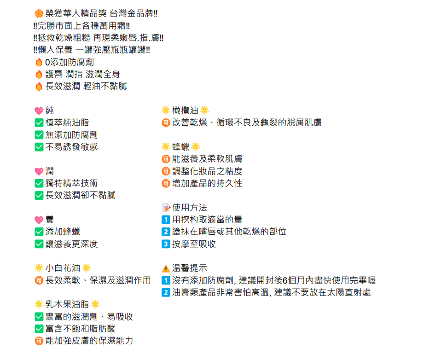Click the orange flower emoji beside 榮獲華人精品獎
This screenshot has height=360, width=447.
click(x=39, y=13)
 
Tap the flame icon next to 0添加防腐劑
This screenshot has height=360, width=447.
click(x=39, y=62)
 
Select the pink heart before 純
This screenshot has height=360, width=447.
click(x=39, y=110)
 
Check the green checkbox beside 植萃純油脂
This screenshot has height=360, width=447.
click(x=39, y=122)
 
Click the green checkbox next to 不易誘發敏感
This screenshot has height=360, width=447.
click(x=39, y=147)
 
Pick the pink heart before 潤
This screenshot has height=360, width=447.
click(x=39, y=171)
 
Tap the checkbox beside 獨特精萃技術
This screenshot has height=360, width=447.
click(x=39, y=183)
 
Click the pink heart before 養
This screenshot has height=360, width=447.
click(x=39, y=220)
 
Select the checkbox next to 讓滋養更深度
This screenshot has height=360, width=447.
click(x=39, y=244)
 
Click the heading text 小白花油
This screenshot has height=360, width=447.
click(x=63, y=268)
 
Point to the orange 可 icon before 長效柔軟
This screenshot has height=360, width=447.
click(x=39, y=280)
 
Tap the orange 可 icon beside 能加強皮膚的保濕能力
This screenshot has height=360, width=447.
click(x=39, y=341)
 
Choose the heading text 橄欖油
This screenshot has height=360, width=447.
click(x=185, y=110)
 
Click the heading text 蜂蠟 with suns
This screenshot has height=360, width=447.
click(x=181, y=147)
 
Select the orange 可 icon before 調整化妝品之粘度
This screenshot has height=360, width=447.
click(x=166, y=171)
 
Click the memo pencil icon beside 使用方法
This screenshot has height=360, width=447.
click(x=166, y=208)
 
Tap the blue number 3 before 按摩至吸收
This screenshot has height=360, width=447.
click(x=166, y=244)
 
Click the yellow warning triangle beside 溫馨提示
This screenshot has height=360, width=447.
click(x=166, y=268)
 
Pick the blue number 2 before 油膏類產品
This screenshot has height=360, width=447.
click(x=166, y=292)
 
